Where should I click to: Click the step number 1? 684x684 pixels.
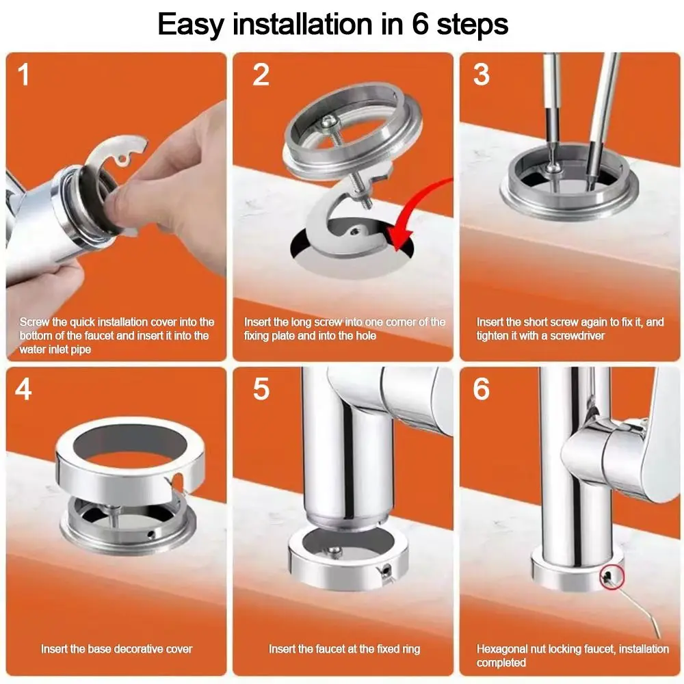coord(23,75)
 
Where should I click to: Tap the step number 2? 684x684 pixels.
coord(261,75)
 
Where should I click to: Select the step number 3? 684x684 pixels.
coord(481,75)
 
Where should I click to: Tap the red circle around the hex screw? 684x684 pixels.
coord(612,577)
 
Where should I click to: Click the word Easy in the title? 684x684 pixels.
coord(190,25)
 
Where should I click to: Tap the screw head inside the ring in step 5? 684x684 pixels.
coord(334,551)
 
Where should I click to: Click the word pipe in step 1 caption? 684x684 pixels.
coord(80,350)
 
